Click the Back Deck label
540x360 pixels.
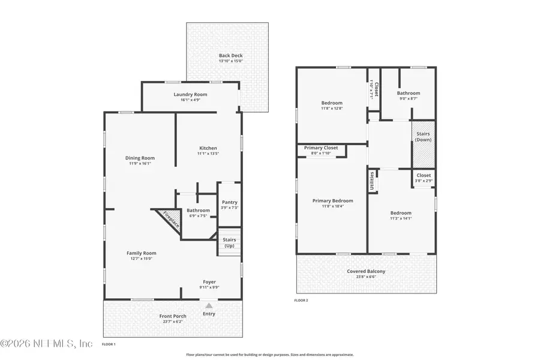231,56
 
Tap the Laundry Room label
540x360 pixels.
190,94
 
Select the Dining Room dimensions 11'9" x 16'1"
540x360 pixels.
140,163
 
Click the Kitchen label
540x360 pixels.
208,148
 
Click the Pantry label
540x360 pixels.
229,203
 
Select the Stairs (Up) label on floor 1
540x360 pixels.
229,242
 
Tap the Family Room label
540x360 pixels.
141,253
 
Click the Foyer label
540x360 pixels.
209,282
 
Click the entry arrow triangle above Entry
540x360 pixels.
209,305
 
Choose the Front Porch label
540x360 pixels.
173,316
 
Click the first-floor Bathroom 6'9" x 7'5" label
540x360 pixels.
198,211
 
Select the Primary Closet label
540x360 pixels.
321,148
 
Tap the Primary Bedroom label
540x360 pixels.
332,201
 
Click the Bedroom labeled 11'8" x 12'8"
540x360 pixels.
332,103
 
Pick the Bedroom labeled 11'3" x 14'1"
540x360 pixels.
401,213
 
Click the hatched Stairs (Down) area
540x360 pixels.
423,153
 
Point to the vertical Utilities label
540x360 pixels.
372,179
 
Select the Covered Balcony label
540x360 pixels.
366,271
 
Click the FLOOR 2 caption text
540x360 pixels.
302,299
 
